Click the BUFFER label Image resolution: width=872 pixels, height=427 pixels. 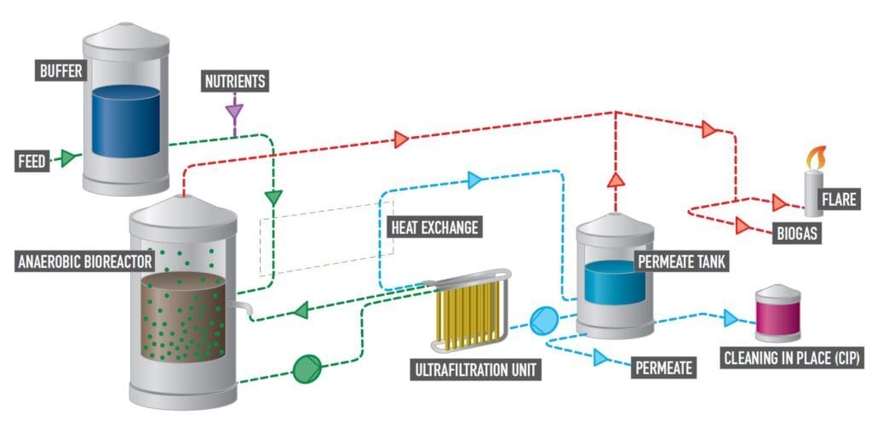[x=62, y=71]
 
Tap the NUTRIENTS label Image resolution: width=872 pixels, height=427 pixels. [x=234, y=82]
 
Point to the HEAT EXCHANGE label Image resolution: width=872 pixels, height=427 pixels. [x=433, y=227]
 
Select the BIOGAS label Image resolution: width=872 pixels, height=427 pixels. [x=798, y=233]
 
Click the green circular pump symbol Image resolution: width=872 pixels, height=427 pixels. [x=305, y=368]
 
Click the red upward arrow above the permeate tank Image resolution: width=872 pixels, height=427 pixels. [x=615, y=179]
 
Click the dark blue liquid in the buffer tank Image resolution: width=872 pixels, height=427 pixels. [x=125, y=121]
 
